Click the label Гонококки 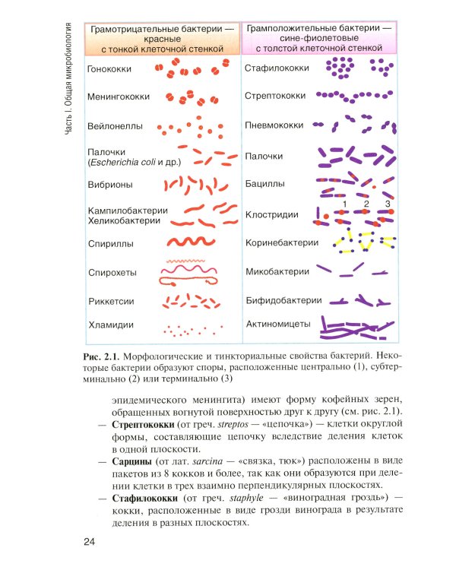(109, 69)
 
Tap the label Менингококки (119, 97)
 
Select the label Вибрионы (111, 185)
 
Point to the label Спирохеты (112, 272)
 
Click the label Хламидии (111, 325)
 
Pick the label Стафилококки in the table (277, 68)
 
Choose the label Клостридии (272, 215)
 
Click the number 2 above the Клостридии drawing (366, 204)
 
